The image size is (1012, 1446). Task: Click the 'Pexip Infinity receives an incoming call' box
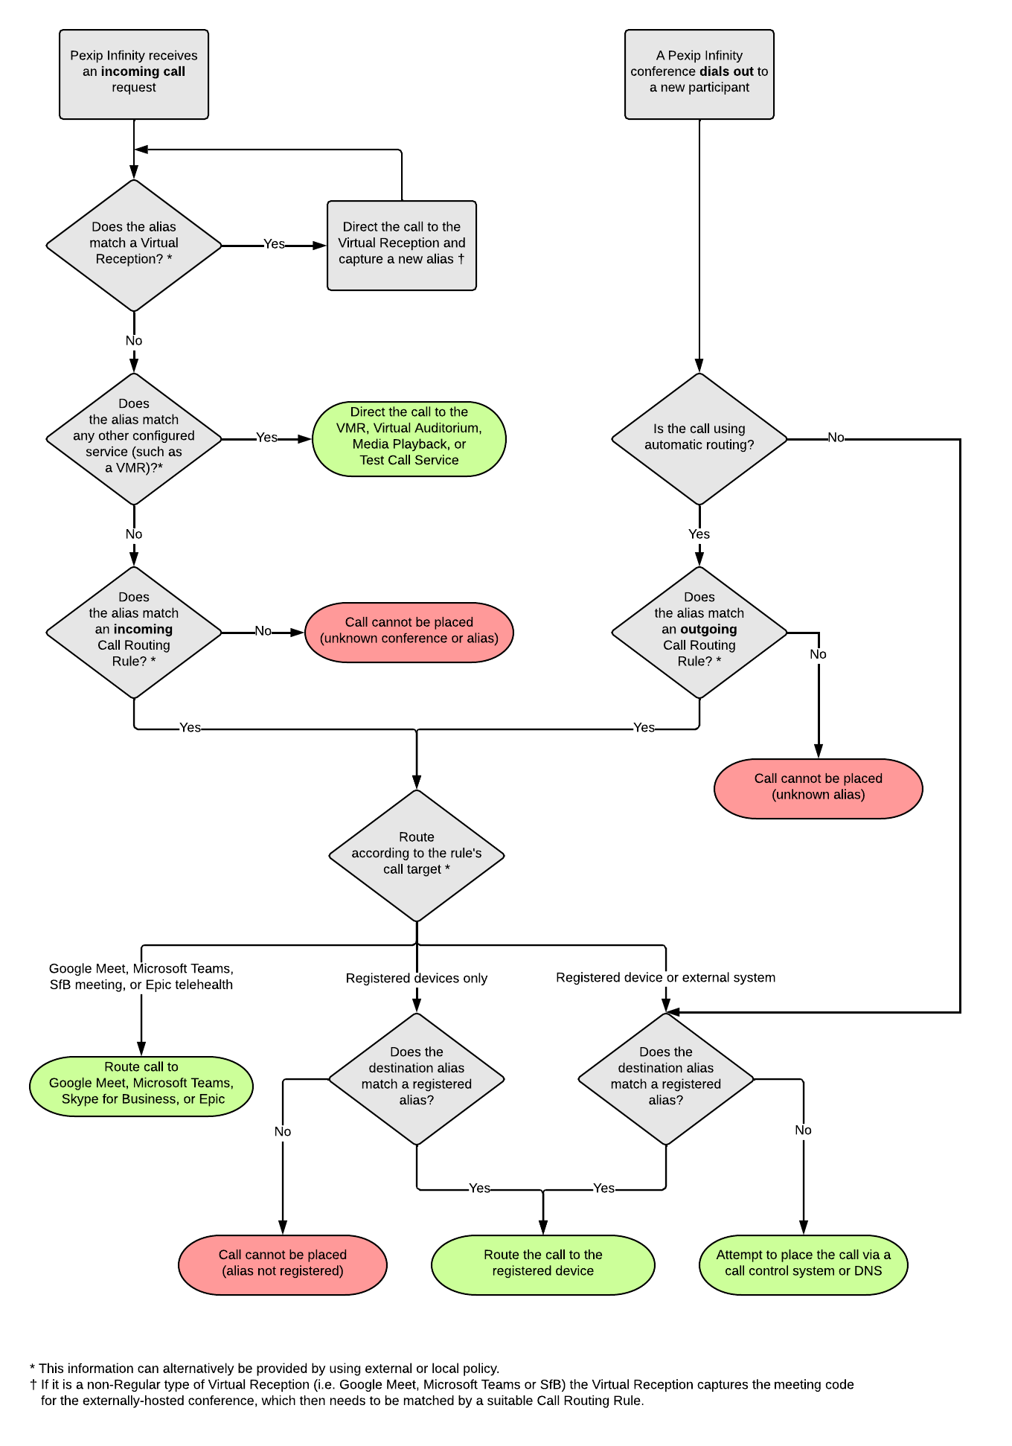[134, 74]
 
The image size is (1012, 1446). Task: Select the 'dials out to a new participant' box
[699, 74]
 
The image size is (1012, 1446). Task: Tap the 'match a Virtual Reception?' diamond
[134, 245]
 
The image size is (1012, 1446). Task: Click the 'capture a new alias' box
[401, 245]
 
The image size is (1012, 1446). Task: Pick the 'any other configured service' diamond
[134, 438]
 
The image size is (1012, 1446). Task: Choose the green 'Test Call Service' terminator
[409, 438]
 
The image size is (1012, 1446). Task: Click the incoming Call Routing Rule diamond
[134, 632]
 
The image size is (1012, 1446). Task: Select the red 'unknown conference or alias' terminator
[409, 632]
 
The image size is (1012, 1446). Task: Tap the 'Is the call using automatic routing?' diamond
[699, 438]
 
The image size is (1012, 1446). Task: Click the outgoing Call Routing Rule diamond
[699, 632]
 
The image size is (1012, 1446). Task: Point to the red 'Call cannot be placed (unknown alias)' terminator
[818, 788]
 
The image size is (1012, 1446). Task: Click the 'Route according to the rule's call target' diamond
[416, 855]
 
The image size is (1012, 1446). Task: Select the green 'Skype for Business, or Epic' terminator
[141, 1086]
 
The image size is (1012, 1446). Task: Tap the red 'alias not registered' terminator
[283, 1264]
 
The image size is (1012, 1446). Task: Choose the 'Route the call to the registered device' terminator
[542, 1264]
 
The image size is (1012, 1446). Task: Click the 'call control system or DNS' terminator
[803, 1264]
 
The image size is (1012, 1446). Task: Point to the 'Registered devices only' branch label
[416, 978]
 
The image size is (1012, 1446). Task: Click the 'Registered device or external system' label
[665, 977]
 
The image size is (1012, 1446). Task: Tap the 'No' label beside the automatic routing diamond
[836, 438]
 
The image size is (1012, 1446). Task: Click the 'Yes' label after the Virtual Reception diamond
[274, 244]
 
